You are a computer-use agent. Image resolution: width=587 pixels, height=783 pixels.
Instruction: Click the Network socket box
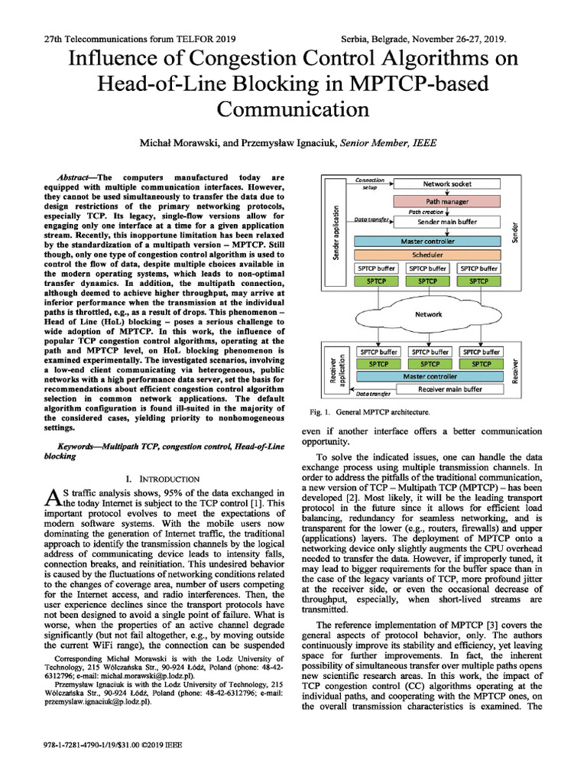[x=447, y=184]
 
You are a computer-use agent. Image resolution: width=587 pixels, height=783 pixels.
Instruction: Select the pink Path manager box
[x=447, y=203]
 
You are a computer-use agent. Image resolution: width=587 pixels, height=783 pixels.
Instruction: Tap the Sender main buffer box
[x=447, y=222]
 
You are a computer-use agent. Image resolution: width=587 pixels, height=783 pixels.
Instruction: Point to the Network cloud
[x=428, y=314]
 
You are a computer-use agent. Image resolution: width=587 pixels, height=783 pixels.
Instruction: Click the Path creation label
[x=426, y=212]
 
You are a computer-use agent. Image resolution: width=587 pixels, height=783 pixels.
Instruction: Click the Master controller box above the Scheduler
[x=429, y=241]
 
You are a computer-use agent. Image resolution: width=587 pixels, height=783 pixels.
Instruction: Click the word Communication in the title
[x=293, y=109]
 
